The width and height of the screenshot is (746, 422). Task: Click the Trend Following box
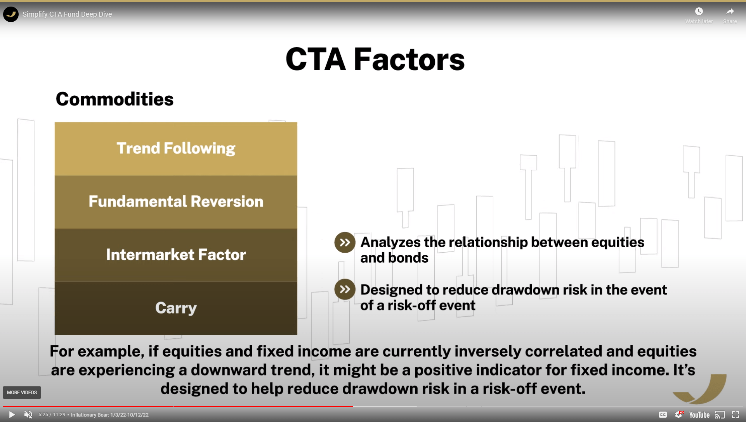click(x=176, y=149)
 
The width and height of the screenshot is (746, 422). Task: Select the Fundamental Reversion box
click(x=176, y=202)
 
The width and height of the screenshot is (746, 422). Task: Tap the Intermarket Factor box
click(x=176, y=255)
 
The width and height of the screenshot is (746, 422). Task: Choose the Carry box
click(x=176, y=308)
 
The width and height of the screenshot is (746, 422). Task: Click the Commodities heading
click(x=115, y=99)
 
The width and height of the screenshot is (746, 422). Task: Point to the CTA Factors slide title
click(x=375, y=59)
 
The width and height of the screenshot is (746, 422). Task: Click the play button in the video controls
click(x=12, y=415)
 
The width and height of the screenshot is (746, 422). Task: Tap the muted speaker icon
click(x=28, y=415)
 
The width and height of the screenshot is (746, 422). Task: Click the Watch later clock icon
click(x=699, y=12)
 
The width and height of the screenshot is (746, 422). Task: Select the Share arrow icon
click(x=730, y=12)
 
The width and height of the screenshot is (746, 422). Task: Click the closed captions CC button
click(x=663, y=415)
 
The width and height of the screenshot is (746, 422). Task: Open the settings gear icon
click(x=678, y=415)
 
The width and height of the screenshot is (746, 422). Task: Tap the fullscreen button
click(x=736, y=415)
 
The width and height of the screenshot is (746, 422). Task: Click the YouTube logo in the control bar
click(x=699, y=415)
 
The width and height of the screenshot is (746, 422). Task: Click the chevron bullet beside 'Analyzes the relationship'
click(x=345, y=243)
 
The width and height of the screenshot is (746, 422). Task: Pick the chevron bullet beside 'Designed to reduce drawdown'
click(x=345, y=289)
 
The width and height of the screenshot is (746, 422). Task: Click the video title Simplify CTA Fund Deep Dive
click(x=67, y=14)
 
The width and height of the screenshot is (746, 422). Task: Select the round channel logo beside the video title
click(x=11, y=14)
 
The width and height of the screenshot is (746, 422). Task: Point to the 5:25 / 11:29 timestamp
click(x=52, y=415)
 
